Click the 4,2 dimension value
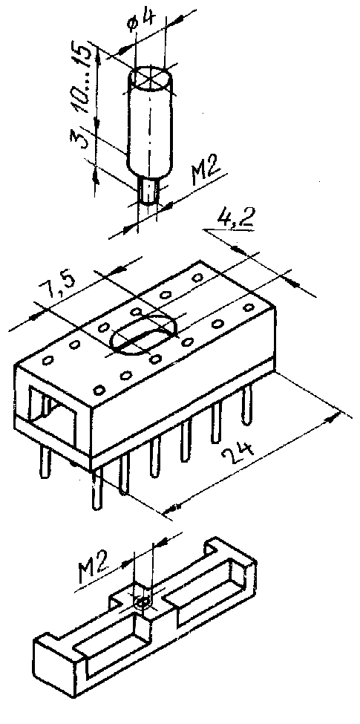[x=236, y=217]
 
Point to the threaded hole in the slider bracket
[x=143, y=602]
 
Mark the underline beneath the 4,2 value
[x=230, y=228]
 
